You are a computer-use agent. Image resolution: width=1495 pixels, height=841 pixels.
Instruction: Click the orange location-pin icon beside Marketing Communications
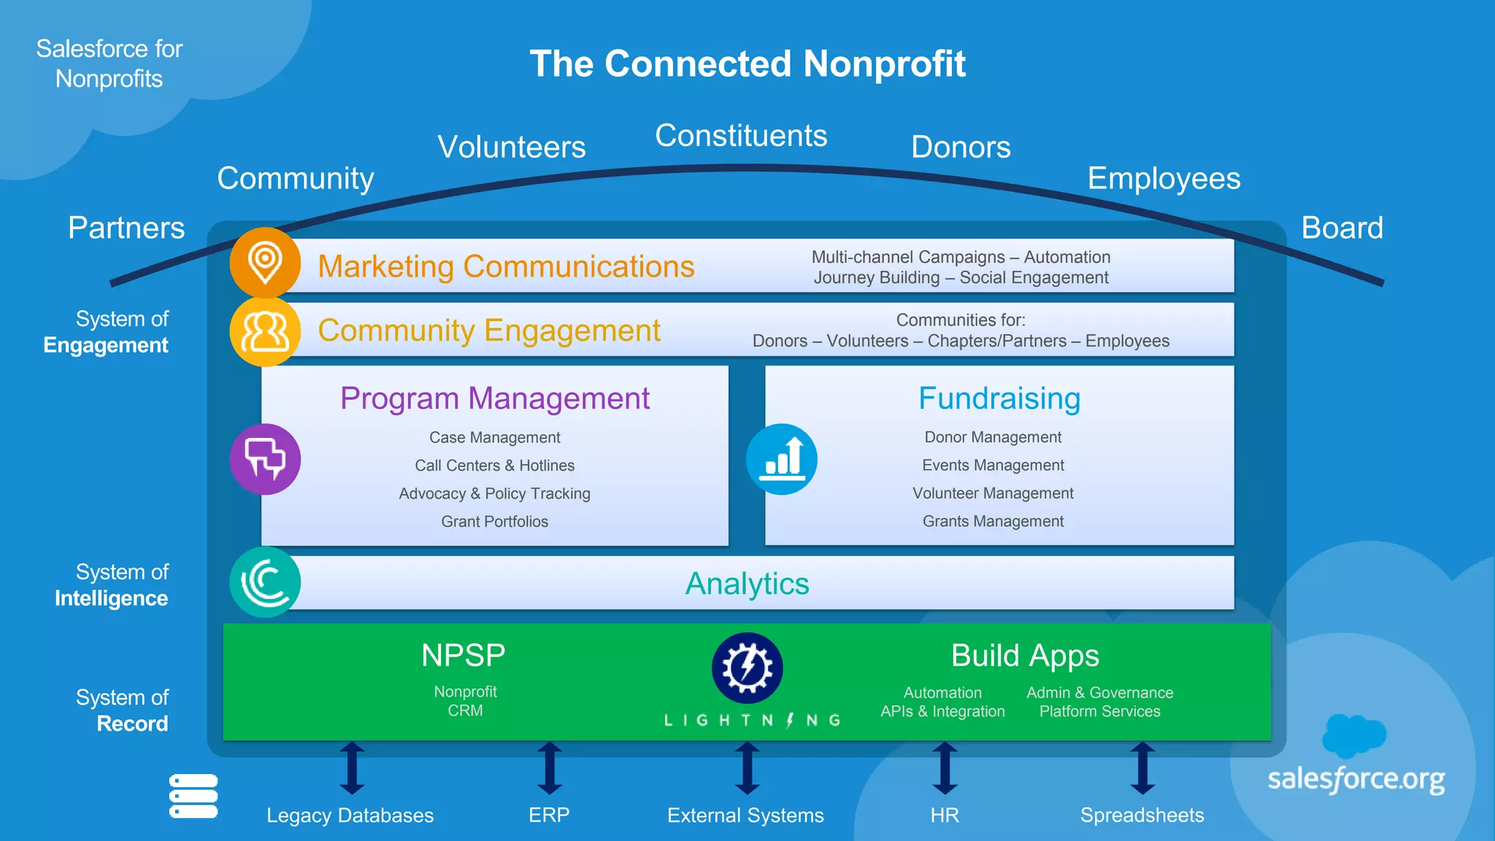point(265,262)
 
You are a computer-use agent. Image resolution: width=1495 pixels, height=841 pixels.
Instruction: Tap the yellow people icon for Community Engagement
point(265,331)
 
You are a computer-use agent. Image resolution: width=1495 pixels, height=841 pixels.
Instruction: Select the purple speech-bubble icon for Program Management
point(265,459)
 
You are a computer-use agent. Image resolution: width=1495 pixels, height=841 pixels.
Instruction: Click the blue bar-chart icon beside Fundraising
point(782,459)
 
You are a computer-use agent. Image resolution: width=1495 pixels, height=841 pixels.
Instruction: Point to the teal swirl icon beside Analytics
point(265,582)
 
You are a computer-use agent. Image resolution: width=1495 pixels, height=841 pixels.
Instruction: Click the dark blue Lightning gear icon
point(747,668)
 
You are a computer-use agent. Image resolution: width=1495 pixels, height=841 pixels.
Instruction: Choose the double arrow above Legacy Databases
point(352,768)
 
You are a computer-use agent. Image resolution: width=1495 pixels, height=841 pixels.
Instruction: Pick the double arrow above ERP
point(550,768)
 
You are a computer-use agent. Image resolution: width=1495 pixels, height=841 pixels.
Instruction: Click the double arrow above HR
point(945,768)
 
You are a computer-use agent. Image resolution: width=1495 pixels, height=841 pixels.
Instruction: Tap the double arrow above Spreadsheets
point(1142,768)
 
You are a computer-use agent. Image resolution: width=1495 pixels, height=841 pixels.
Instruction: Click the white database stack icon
point(193,796)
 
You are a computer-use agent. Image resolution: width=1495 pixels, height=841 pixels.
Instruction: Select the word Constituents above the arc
point(741,136)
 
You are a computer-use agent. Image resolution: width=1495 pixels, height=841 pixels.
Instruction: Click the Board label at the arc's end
point(1342,228)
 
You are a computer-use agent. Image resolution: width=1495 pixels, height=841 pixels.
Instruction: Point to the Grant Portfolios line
point(494,521)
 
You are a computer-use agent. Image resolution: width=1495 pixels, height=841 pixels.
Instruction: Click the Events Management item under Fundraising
point(993,465)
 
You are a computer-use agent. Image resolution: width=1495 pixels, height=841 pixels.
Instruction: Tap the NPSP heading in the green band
point(464,656)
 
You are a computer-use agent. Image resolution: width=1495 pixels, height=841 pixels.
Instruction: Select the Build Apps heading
point(1025,656)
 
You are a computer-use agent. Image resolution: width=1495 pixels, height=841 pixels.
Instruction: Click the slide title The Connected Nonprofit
point(747,64)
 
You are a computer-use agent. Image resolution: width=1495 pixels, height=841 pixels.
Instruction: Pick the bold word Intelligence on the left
point(111,599)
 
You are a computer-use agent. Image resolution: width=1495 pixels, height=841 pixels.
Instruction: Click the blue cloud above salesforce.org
point(1353,735)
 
